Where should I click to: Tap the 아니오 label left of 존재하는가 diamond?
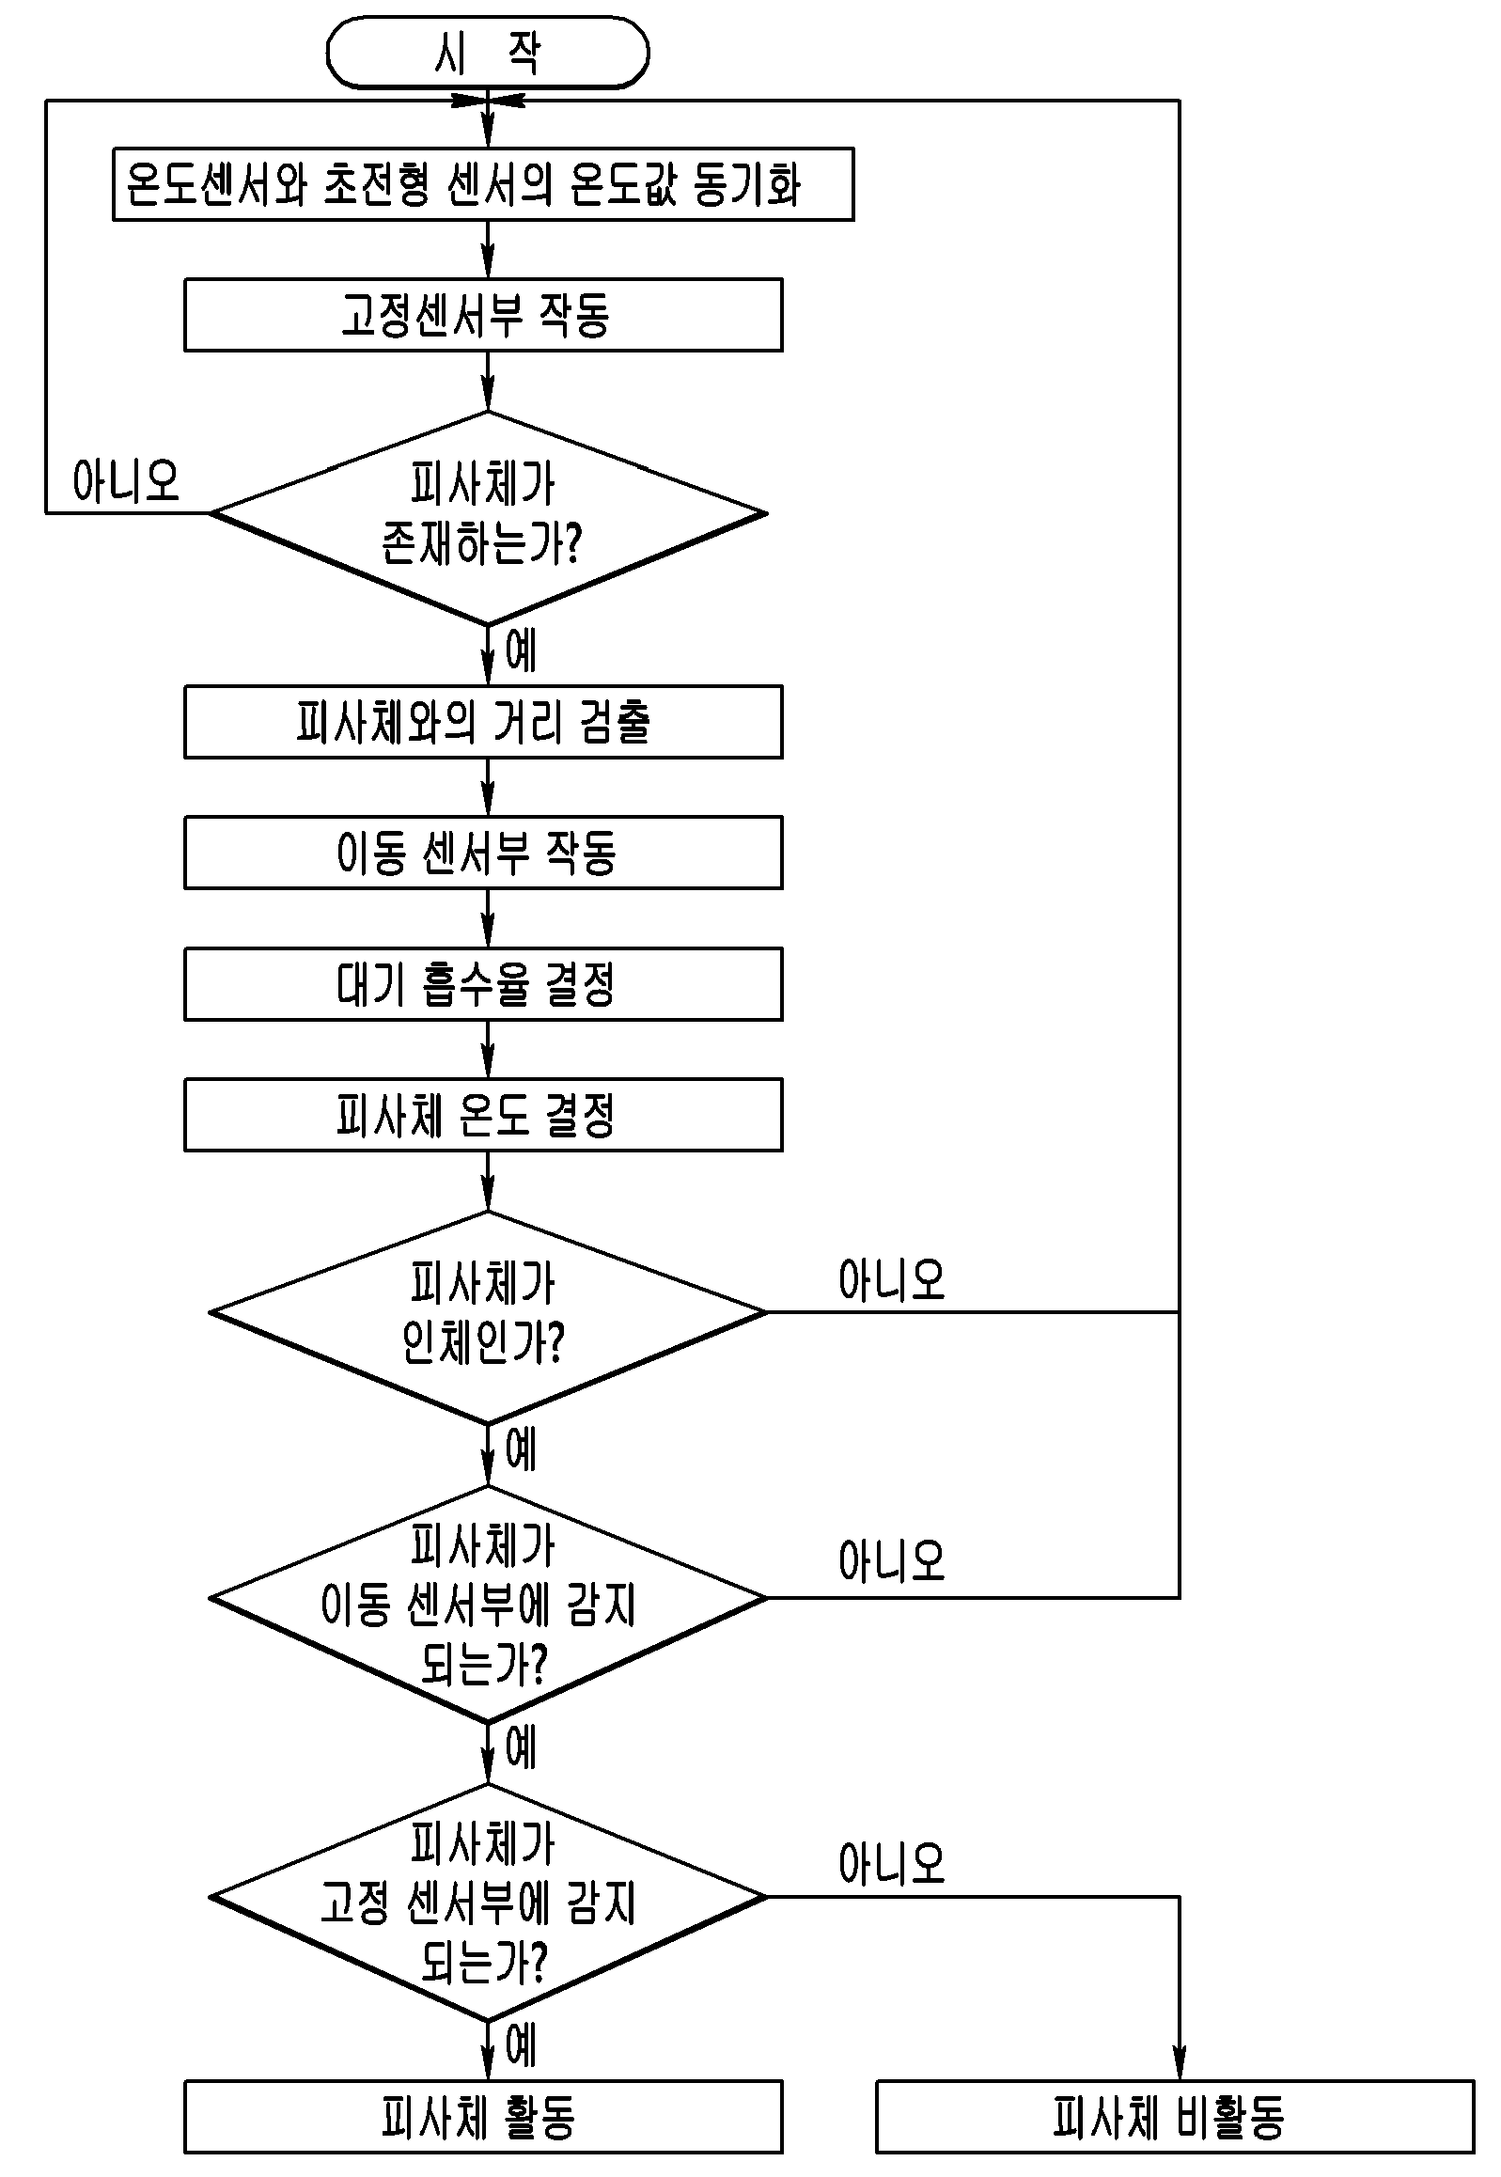(x=126, y=481)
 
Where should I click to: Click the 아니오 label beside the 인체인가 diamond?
(x=892, y=1281)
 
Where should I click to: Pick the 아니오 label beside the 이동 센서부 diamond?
(x=892, y=1562)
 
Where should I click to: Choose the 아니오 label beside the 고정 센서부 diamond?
(x=892, y=1863)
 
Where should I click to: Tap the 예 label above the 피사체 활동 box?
(x=521, y=2046)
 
